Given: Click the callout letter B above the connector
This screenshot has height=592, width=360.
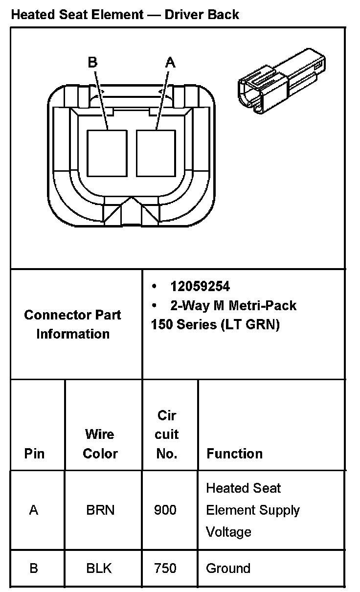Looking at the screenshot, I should coord(92,62).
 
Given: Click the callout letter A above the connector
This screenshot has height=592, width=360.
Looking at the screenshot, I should coord(170,62).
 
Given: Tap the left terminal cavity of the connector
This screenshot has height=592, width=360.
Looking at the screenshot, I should coord(107,153).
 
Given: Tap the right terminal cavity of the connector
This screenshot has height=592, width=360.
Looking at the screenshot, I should coord(156,153).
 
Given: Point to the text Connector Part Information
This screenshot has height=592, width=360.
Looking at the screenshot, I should coord(73,324).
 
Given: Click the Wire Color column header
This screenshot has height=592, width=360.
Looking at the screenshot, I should coord(100,444).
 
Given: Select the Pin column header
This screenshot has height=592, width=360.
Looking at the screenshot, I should coord(34,454).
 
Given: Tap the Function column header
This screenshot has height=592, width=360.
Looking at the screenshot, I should coord(234,454).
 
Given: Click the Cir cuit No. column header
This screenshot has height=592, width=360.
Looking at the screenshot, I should coord(167,434).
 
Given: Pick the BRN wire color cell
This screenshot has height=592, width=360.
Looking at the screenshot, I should coord(100,510).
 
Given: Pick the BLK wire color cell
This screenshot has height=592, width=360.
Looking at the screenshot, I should coord(99,569).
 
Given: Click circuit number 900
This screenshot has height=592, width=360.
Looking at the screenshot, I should coord(165,510).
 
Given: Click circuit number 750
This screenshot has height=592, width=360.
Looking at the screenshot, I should coord(165,569).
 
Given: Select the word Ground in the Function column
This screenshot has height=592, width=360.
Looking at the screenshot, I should coord(228,569).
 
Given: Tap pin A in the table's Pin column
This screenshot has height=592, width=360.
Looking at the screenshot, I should coord(34,510).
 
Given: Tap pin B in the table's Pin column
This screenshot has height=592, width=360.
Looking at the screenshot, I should coord(34,569).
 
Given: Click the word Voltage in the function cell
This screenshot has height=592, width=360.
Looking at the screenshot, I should coord(228,532).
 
